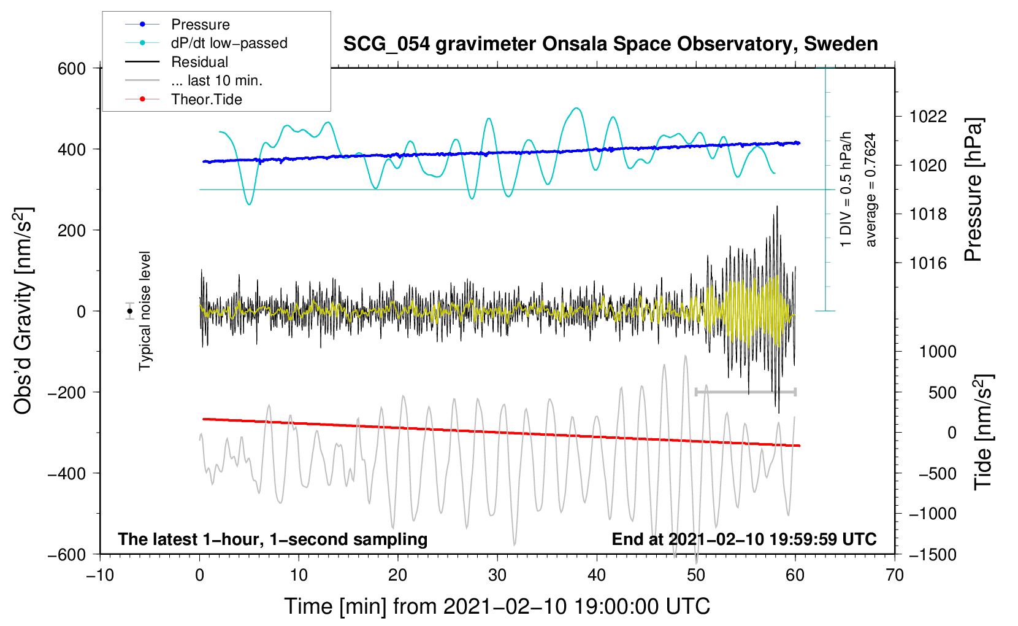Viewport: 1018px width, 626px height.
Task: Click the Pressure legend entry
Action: (200, 25)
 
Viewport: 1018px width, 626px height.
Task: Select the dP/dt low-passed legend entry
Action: (229, 43)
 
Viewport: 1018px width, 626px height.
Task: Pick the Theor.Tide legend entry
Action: (206, 99)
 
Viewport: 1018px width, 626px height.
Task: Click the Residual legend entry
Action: (199, 62)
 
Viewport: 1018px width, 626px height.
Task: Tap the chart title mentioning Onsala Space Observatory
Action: (610, 44)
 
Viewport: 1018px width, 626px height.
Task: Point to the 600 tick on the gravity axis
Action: (72, 69)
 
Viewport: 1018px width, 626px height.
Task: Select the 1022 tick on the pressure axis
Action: (928, 117)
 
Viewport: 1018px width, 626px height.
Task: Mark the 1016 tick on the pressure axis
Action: (928, 264)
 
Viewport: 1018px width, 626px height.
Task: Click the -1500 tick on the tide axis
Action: (933, 555)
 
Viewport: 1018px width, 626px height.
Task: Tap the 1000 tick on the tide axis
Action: (938, 352)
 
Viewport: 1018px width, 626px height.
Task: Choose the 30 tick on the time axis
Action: (497, 576)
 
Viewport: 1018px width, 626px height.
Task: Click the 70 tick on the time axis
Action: (895, 576)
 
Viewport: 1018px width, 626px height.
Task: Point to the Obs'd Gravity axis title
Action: (23, 311)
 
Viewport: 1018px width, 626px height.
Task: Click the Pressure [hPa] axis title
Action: (973, 190)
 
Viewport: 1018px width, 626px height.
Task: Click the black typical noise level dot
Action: (130, 311)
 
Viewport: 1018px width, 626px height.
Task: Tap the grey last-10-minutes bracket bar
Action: (746, 392)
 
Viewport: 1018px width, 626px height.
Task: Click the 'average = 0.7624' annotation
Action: (871, 190)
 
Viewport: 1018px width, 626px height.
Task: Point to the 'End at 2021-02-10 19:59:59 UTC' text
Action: (744, 539)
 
